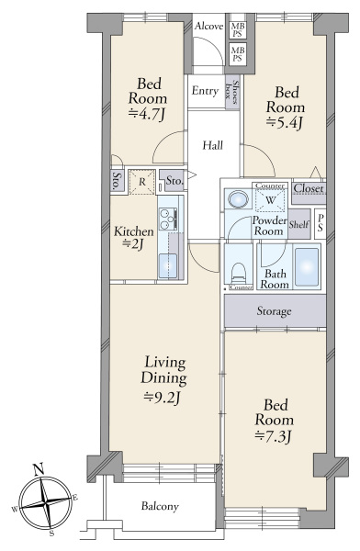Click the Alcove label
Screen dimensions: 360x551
pyautogui.click(x=209, y=26)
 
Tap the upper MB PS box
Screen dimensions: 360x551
pyautogui.click(x=238, y=30)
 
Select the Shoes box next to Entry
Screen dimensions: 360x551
pyautogui.click(x=232, y=92)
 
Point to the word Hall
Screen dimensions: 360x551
pyautogui.click(x=213, y=145)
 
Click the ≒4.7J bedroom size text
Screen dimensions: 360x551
pyautogui.click(x=147, y=114)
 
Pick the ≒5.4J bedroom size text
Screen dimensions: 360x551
pyautogui.click(x=285, y=123)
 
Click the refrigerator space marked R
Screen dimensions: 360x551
pyautogui.click(x=141, y=182)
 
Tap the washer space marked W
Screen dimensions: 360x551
pyautogui.click(x=270, y=200)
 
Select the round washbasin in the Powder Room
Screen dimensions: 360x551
pyautogui.click(x=238, y=199)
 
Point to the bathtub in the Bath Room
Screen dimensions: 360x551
pyautogui.click(x=307, y=267)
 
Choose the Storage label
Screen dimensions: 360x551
pyautogui.click(x=274, y=311)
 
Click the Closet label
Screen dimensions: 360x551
pyautogui.click(x=309, y=188)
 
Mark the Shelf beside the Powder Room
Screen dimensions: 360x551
pyautogui.click(x=299, y=224)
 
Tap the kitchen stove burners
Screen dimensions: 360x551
pyautogui.click(x=168, y=219)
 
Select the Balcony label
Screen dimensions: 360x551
pyautogui.click(x=160, y=506)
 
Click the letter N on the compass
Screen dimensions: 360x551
pyautogui.click(x=38, y=469)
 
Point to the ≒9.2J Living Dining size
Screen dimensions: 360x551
pyautogui.click(x=163, y=398)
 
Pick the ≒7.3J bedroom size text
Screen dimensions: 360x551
pyautogui.click(x=273, y=437)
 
